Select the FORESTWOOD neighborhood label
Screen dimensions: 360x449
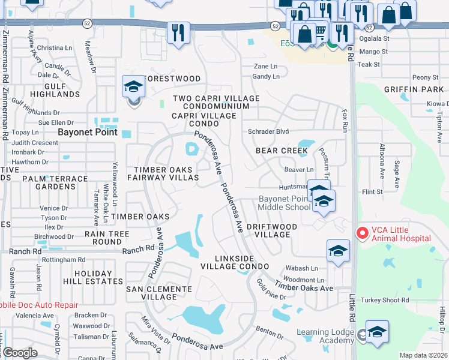point(172,79)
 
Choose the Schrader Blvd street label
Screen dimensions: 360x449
point(268,131)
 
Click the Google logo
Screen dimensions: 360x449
point(19,353)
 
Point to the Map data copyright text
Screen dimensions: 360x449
point(423,355)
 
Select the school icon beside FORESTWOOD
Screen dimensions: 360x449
point(133,87)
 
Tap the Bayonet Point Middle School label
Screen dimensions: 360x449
point(285,203)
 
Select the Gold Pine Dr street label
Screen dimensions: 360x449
point(271,289)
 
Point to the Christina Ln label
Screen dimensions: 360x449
point(54,48)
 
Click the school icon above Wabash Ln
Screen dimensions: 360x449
point(338,251)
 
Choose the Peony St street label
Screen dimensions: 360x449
point(425,77)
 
